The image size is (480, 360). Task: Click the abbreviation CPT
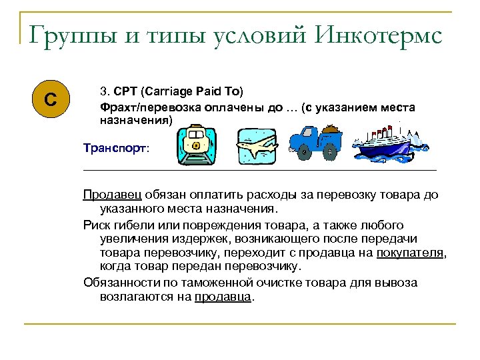click(125, 90)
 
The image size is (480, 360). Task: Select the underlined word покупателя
click(410, 253)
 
